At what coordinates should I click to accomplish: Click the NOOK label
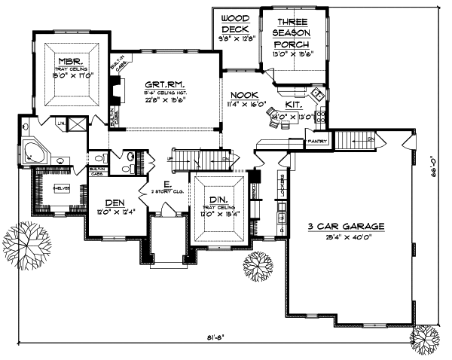243,95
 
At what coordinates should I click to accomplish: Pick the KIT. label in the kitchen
295,105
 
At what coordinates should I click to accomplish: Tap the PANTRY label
316,140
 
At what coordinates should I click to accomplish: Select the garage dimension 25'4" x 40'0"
346,236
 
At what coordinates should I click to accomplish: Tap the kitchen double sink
317,96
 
